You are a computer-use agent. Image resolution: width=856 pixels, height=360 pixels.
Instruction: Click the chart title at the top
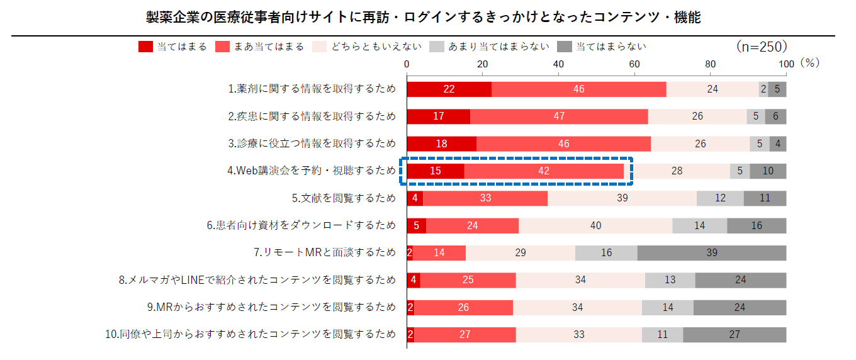point(423,18)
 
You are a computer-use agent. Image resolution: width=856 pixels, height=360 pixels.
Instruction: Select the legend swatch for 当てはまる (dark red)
point(145,47)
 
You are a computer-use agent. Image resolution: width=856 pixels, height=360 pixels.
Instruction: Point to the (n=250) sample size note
point(761,47)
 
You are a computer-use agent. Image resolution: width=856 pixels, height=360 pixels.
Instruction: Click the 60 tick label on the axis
point(634,64)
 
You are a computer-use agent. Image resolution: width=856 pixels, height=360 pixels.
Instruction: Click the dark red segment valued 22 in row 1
point(449,89)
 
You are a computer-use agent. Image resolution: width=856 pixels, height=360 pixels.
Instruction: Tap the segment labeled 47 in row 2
point(559,116)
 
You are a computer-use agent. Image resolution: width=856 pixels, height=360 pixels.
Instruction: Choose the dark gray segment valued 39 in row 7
point(712,252)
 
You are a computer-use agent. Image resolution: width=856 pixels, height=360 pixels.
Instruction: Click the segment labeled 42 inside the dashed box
point(544,171)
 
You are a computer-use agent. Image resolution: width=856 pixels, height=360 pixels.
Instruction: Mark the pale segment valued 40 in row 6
point(595,225)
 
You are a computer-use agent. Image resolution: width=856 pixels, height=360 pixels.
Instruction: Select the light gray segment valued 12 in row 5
point(720,198)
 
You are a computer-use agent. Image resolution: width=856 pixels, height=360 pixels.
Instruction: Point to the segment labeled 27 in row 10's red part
point(465,334)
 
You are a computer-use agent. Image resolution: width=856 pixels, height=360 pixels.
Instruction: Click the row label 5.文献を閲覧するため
point(344,198)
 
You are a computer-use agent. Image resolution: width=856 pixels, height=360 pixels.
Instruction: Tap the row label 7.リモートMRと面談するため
point(325,252)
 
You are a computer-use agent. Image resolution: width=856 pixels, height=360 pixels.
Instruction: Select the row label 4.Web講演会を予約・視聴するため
point(312,171)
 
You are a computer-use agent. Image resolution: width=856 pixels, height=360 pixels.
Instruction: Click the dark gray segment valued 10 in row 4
point(767,171)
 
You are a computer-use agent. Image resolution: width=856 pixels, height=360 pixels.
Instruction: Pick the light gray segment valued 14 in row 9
point(667,307)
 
